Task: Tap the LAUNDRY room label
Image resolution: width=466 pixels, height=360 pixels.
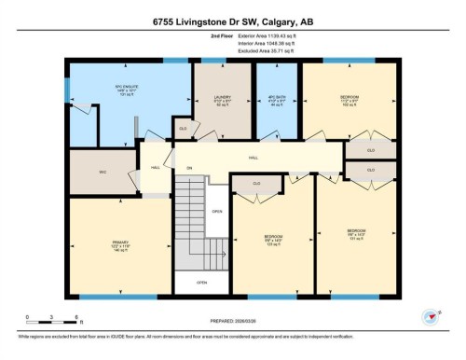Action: pos(222,99)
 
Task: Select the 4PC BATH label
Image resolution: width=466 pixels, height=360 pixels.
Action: pos(276,99)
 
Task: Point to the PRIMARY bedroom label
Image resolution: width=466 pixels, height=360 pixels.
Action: pos(106,247)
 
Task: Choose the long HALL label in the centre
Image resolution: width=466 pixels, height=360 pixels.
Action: pos(253,159)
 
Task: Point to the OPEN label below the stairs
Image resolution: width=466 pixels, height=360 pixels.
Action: pos(201,282)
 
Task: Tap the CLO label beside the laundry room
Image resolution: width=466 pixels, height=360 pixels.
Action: pos(183,128)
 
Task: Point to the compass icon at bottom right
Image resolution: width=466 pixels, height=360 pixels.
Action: pos(431,317)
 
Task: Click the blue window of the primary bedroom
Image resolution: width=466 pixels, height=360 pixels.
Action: pos(121,296)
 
